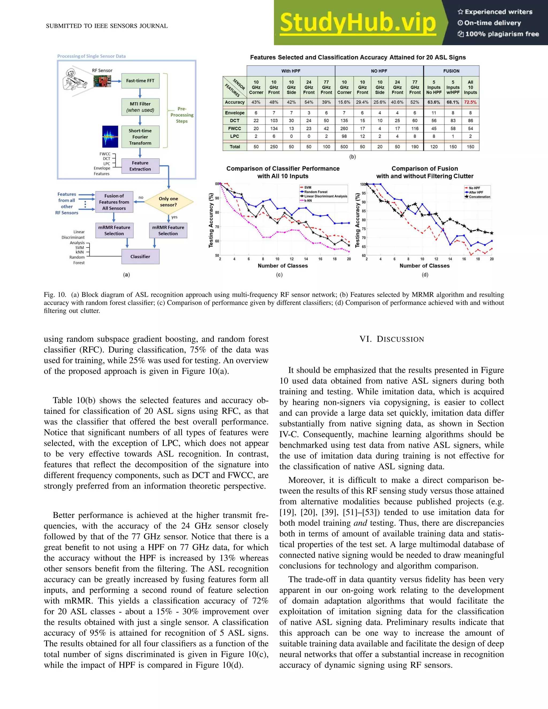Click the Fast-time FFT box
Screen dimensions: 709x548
pos(140,81)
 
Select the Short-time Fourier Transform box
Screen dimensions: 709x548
pos(140,137)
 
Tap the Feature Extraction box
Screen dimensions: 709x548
pos(140,166)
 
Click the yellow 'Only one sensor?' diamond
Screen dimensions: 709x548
pos(169,202)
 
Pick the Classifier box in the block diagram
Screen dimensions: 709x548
pos(140,257)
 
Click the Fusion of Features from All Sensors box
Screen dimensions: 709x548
pos(114,202)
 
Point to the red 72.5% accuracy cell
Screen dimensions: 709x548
pos(470,102)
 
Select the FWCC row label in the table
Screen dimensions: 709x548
pos(234,128)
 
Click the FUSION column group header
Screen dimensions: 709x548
pos(451,71)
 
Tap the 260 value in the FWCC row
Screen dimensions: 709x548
pos(344,128)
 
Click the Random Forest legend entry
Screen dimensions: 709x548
pos(315,192)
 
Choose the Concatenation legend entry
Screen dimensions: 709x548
pos(479,197)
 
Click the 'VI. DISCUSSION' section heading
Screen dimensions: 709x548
pos(391,339)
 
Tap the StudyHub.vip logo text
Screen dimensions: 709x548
pos(357,23)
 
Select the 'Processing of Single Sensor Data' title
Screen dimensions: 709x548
pos(92,56)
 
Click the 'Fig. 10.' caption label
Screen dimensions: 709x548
pos(55,295)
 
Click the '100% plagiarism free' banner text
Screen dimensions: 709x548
pos(502,34)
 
